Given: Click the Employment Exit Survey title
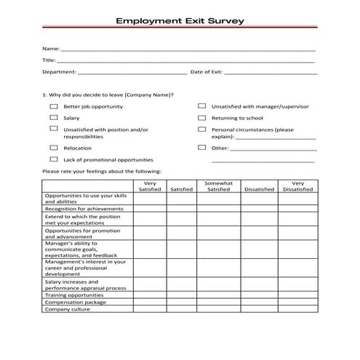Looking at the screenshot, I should pos(180,21).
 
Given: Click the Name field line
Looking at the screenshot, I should pos(186,49).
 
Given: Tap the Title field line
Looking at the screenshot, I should pos(186,61).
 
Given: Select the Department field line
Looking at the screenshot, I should pos(132,73).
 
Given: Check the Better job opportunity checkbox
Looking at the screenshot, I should pos(53,106).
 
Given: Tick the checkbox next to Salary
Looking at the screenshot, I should pos(53,117).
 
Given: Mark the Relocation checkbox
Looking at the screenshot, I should pos(53,148).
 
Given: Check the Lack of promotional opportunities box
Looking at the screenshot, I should pos(53,159).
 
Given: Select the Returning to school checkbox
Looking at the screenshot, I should pos(201,117).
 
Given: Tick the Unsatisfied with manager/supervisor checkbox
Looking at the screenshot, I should pos(201,106).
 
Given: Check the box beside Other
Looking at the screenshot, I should pos(201,148).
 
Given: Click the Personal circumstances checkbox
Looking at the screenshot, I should pos(201,129).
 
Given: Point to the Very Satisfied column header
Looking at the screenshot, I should pos(150,186).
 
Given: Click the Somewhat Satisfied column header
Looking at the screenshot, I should pos(219,186).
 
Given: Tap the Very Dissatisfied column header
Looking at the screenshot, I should pos(298,186).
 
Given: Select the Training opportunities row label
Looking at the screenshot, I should pos(73,295).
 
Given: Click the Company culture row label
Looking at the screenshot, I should pos(65,309).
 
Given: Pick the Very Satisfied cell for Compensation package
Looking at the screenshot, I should pos(150,303).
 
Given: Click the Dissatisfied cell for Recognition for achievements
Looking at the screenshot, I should pos(259,209).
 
